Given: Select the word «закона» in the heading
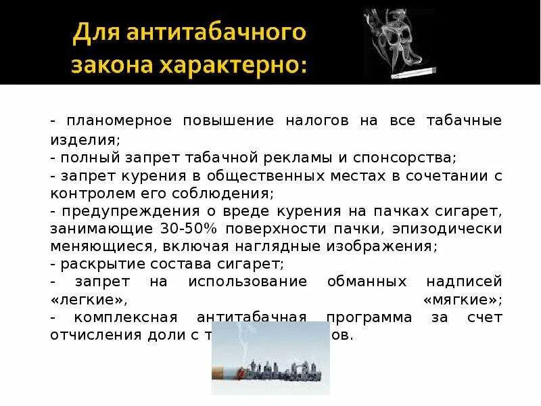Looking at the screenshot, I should pos(108,66).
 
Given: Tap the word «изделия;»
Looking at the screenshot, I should pos(85,139).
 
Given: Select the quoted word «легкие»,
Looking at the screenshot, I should pos(89,300).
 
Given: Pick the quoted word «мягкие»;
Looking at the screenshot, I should pos(462,300).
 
